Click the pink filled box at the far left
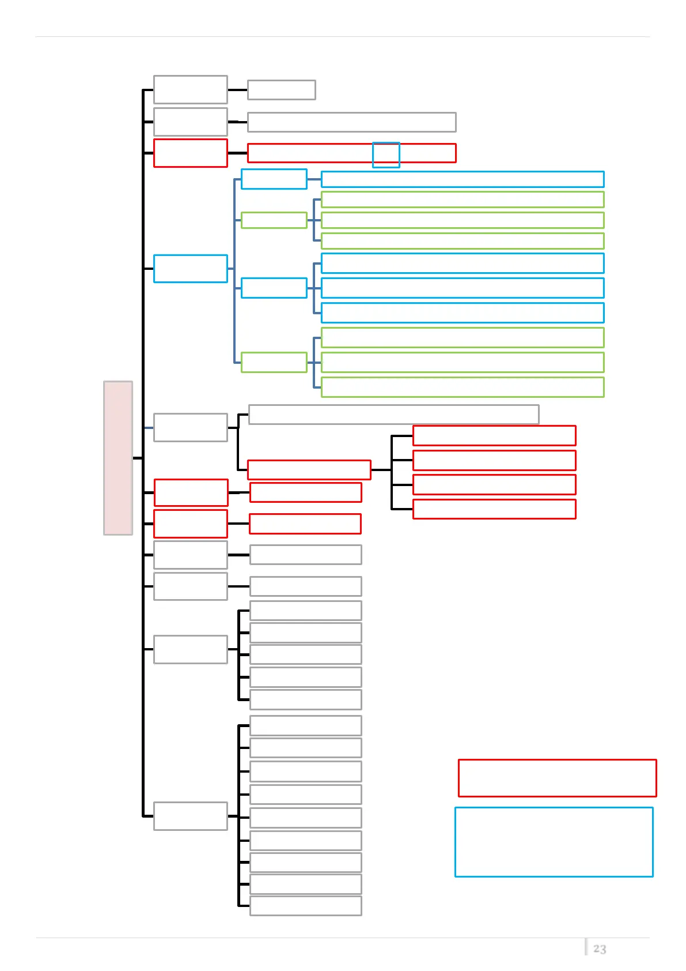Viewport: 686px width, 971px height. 118,458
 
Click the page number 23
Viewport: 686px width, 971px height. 600,949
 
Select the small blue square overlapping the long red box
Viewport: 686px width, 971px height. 386,155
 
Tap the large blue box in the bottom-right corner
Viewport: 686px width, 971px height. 554,842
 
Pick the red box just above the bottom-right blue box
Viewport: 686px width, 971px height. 557,778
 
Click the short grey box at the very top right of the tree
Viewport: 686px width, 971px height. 281,90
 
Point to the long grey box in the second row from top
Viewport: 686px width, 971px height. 351,122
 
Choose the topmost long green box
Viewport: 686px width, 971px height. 463,200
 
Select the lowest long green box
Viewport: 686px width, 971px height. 463,387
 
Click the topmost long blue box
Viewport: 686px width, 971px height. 463,179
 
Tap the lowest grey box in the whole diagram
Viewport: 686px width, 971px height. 306,906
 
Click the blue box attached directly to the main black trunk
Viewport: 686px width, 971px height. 191,269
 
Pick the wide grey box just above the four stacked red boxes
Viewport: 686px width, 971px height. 393,415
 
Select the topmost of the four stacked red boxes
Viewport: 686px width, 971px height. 494,436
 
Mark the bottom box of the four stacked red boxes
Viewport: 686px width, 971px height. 494,509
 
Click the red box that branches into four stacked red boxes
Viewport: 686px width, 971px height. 309,470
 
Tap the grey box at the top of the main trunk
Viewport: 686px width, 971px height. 191,89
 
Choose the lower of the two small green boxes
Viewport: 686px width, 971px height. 274,362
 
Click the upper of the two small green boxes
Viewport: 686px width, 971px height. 274,220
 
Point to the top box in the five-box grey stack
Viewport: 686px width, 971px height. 306,611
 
